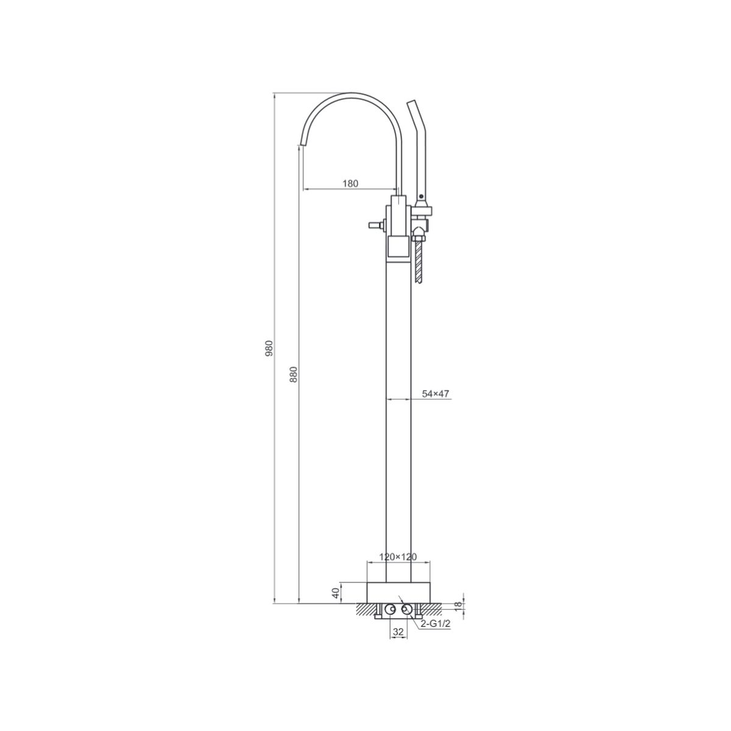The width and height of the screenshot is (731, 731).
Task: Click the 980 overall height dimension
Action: coord(269,348)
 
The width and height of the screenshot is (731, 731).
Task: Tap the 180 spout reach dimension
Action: coord(350,183)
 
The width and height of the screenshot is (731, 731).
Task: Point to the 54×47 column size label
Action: coord(436,394)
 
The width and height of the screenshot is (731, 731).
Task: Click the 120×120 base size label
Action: coord(398,568)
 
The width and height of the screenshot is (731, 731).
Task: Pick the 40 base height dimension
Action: coord(335,604)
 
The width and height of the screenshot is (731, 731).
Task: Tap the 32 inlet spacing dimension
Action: coord(398,642)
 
